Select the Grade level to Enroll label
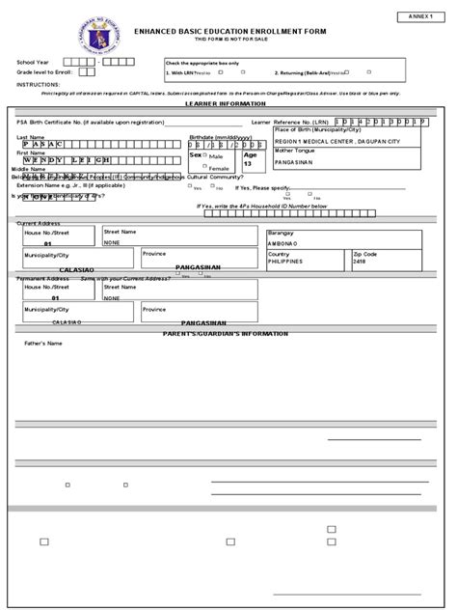(x=44, y=72)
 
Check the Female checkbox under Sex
(x=205, y=167)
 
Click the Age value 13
(x=248, y=165)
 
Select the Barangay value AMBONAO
(x=283, y=244)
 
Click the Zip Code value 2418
(x=387, y=262)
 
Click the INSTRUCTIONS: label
(x=38, y=84)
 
